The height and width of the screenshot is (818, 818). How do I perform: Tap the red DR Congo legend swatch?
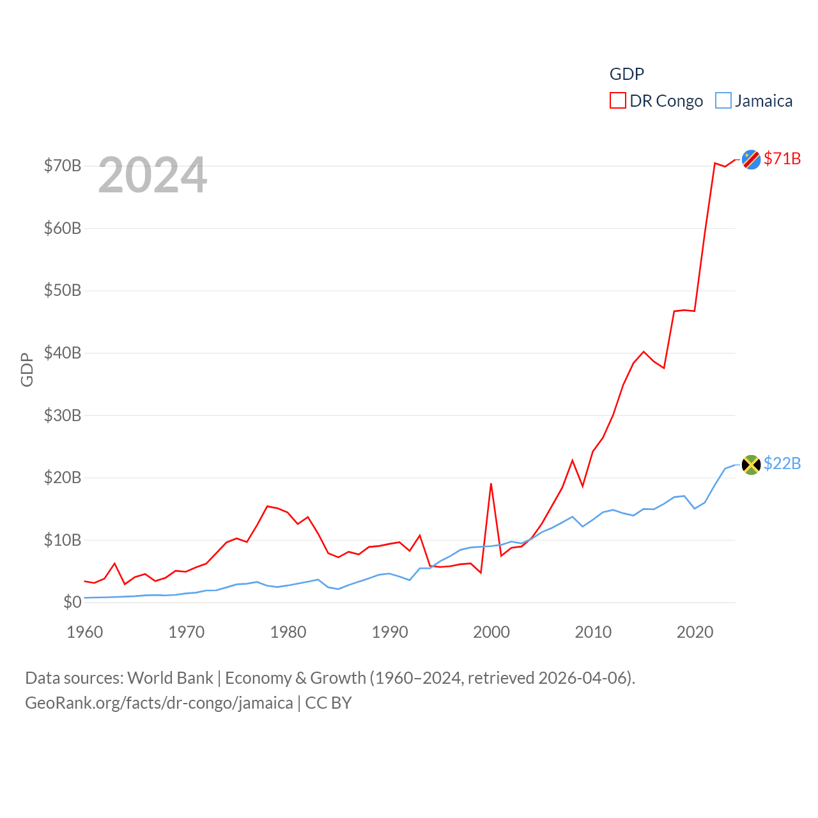617,101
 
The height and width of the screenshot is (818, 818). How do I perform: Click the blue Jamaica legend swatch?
723,101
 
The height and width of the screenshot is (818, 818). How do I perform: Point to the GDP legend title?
626,74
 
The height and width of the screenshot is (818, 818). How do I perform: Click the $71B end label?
782,158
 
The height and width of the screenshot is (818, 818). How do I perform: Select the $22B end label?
782,463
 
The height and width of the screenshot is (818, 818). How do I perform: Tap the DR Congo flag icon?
751,159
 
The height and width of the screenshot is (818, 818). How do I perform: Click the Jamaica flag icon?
751,465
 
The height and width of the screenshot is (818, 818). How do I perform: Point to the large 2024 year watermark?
153,175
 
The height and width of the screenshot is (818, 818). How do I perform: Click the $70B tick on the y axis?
63,166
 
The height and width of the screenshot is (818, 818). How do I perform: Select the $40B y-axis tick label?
63,353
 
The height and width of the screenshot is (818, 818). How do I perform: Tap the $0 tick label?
72,602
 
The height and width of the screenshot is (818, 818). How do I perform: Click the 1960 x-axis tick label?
85,632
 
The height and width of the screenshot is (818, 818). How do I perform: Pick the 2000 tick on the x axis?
491,632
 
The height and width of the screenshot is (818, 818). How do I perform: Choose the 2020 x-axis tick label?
695,632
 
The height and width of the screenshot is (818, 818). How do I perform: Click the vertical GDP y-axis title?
27,369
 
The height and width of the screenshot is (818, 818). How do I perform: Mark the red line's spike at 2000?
491,484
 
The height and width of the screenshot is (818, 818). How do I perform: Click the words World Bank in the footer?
170,677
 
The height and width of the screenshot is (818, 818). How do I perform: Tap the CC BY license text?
328,703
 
